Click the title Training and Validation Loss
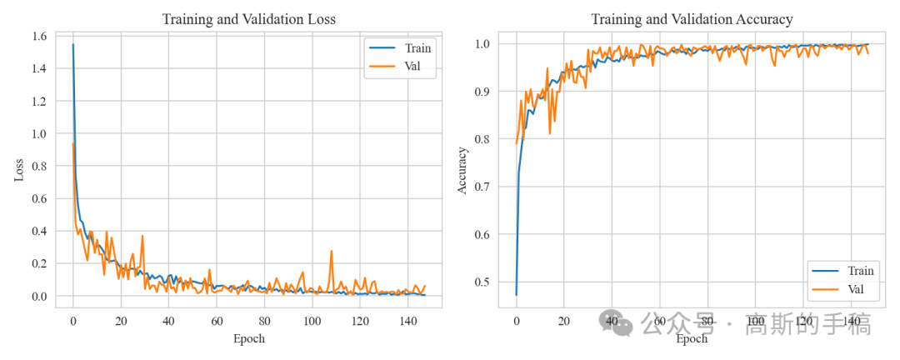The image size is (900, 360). tap(248, 19)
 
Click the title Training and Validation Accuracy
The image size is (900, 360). tap(692, 19)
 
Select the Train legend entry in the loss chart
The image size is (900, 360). tap(399, 47)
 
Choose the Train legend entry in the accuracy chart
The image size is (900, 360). tap(843, 271)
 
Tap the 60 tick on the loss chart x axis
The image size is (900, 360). tap(217, 320)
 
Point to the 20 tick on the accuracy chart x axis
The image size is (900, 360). tap(564, 320)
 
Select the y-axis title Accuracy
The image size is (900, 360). tap(462, 171)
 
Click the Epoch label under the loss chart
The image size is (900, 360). tap(249, 339)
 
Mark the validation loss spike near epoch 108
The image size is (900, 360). tap(331, 251)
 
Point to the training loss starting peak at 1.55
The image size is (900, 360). tap(72, 44)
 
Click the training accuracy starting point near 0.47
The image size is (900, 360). tap(516, 294)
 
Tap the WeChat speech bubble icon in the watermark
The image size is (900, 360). tap(616, 324)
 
